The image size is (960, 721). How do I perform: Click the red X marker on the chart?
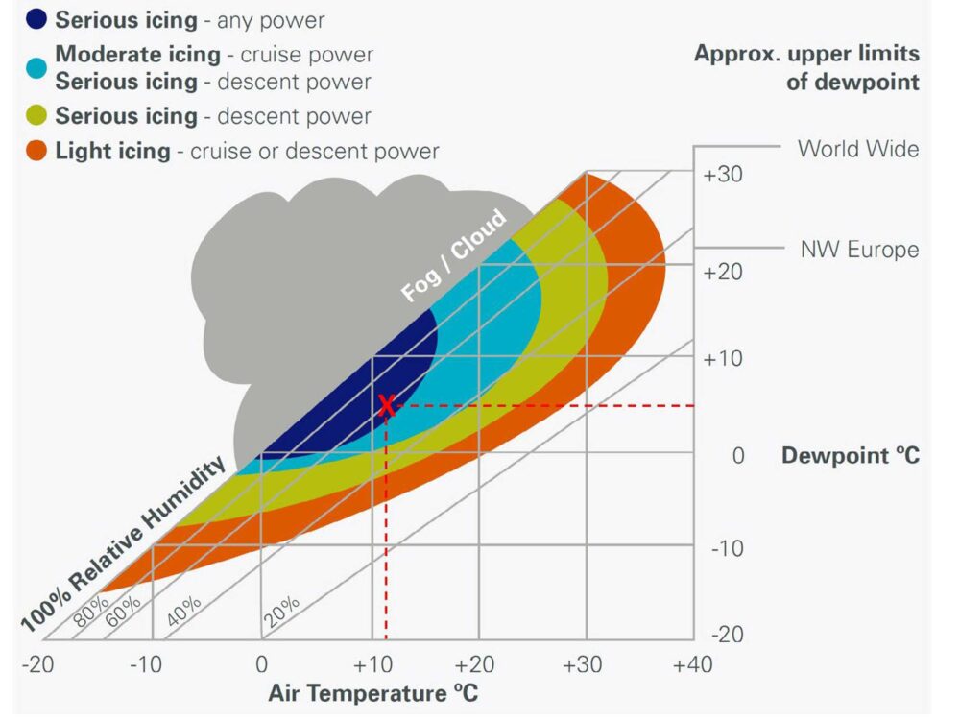click(386, 405)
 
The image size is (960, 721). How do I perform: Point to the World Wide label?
click(858, 149)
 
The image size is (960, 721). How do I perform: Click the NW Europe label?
click(859, 250)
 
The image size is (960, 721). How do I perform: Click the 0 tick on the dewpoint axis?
click(738, 455)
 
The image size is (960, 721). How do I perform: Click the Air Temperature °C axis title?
click(372, 693)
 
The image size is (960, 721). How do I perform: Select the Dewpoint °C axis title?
click(851, 455)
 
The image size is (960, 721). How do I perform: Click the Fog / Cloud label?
click(453, 256)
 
